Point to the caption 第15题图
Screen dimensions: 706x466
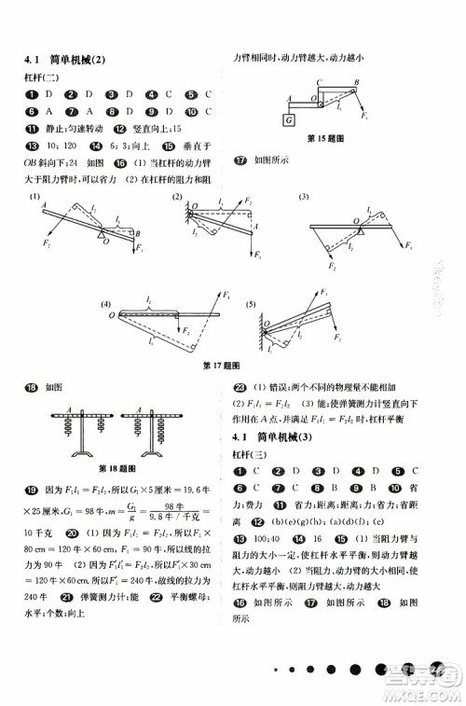pos(326,139)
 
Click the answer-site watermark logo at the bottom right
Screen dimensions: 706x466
pos(425,690)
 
